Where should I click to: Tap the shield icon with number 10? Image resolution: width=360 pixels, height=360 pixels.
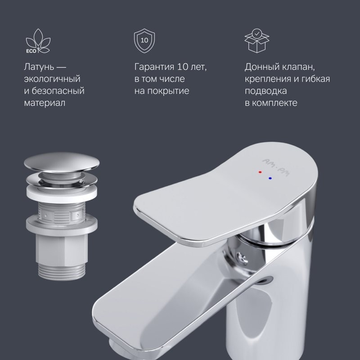[144, 40]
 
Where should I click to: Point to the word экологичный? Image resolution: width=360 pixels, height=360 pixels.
[52, 79]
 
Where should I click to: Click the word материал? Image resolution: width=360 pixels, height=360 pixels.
[45, 103]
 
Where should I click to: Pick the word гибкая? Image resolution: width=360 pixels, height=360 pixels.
[315, 79]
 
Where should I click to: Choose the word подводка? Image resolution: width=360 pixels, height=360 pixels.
[266, 91]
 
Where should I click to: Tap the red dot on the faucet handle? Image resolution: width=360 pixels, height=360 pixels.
[260, 173]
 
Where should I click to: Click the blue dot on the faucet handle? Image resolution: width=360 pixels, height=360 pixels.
[270, 179]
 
